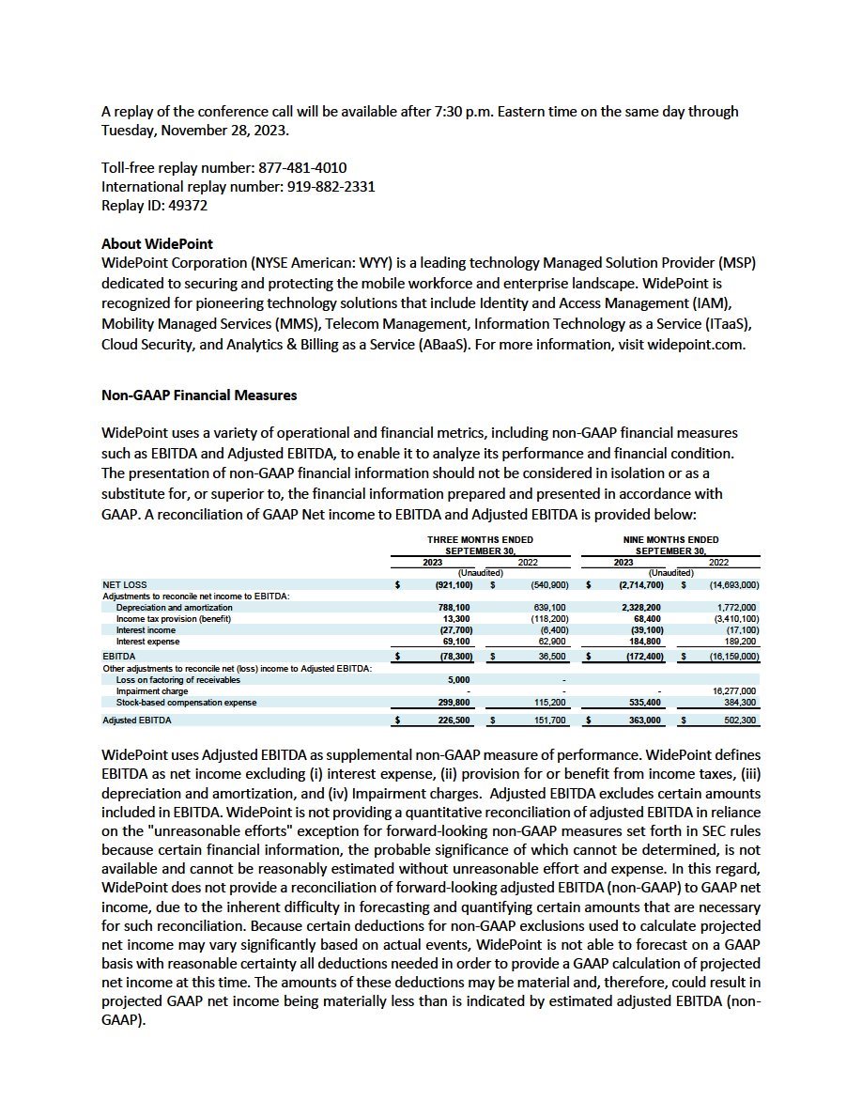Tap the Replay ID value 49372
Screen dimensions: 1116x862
(189, 205)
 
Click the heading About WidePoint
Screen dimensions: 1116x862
(157, 244)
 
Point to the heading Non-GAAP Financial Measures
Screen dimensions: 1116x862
(199, 395)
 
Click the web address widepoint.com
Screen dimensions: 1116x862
(697, 343)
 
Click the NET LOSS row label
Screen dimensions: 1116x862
(124, 585)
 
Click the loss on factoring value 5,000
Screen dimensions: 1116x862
(455, 679)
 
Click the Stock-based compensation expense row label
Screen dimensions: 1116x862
(186, 702)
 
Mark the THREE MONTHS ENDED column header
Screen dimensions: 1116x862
(480, 540)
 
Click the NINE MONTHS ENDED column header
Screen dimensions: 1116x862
(670, 540)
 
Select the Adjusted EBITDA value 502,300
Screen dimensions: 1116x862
(735, 721)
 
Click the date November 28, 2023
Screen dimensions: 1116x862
(225, 130)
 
